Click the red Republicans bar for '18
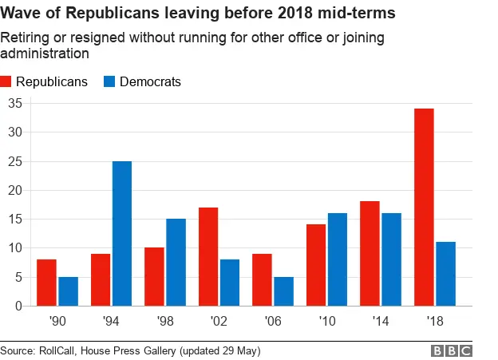424,207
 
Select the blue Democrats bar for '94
121,233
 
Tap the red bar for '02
207,256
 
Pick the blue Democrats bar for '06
283,291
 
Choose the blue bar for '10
338,259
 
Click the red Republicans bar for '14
370,253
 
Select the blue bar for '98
176,262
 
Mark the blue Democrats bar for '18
445,273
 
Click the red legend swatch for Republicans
7,81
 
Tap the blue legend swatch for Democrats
109,81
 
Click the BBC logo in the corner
451,350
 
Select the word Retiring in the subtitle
24,38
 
